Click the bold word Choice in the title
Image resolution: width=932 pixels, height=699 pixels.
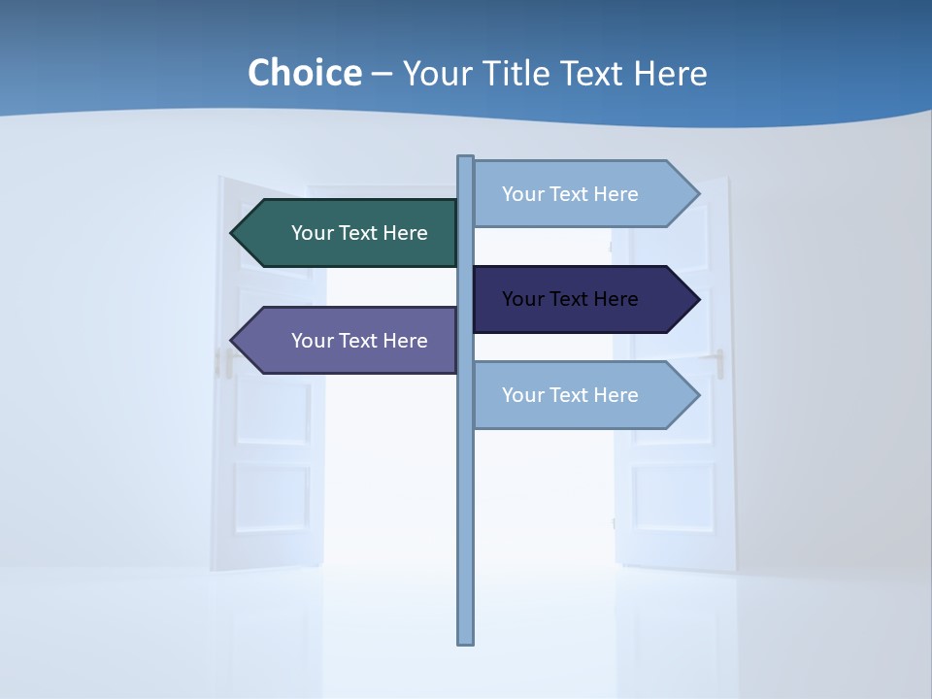(x=304, y=73)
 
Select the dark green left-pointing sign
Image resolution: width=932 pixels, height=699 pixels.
(x=349, y=233)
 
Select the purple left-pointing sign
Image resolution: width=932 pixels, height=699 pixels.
(x=349, y=341)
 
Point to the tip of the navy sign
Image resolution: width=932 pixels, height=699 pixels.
(x=697, y=299)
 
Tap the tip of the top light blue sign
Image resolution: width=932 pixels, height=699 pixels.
(x=697, y=194)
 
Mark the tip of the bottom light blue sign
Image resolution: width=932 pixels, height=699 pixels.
(x=697, y=395)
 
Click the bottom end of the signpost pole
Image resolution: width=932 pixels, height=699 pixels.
(x=466, y=641)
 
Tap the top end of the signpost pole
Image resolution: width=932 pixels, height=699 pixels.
(x=466, y=159)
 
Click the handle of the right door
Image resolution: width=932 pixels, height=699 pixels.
(x=719, y=363)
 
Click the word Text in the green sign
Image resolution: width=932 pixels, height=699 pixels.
(x=358, y=233)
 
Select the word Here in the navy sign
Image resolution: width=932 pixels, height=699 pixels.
(x=615, y=299)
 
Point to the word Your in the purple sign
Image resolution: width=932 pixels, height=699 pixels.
(x=312, y=341)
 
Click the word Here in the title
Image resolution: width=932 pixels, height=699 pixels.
(x=670, y=74)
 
